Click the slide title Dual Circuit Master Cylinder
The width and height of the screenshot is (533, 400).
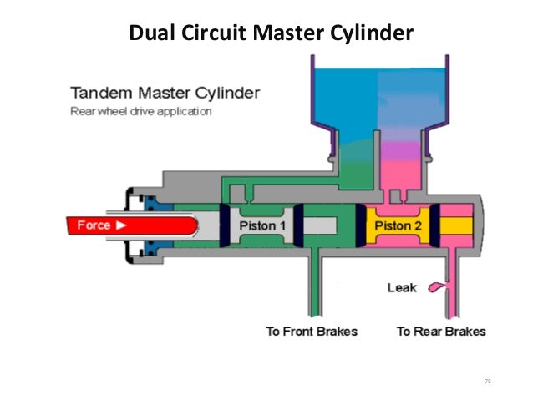point(270,33)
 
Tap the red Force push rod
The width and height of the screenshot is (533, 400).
point(125,225)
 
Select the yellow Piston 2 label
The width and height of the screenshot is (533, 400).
point(398,225)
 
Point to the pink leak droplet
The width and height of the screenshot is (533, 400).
point(437,288)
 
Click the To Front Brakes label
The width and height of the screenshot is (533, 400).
point(311,332)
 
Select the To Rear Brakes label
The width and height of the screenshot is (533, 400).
point(440,332)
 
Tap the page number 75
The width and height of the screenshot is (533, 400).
point(488,381)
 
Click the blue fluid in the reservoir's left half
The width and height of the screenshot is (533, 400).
point(343,100)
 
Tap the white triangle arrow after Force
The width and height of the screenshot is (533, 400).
point(122,225)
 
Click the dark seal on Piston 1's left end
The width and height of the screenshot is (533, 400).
point(224,225)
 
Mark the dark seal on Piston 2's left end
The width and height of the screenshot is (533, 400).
point(361,225)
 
